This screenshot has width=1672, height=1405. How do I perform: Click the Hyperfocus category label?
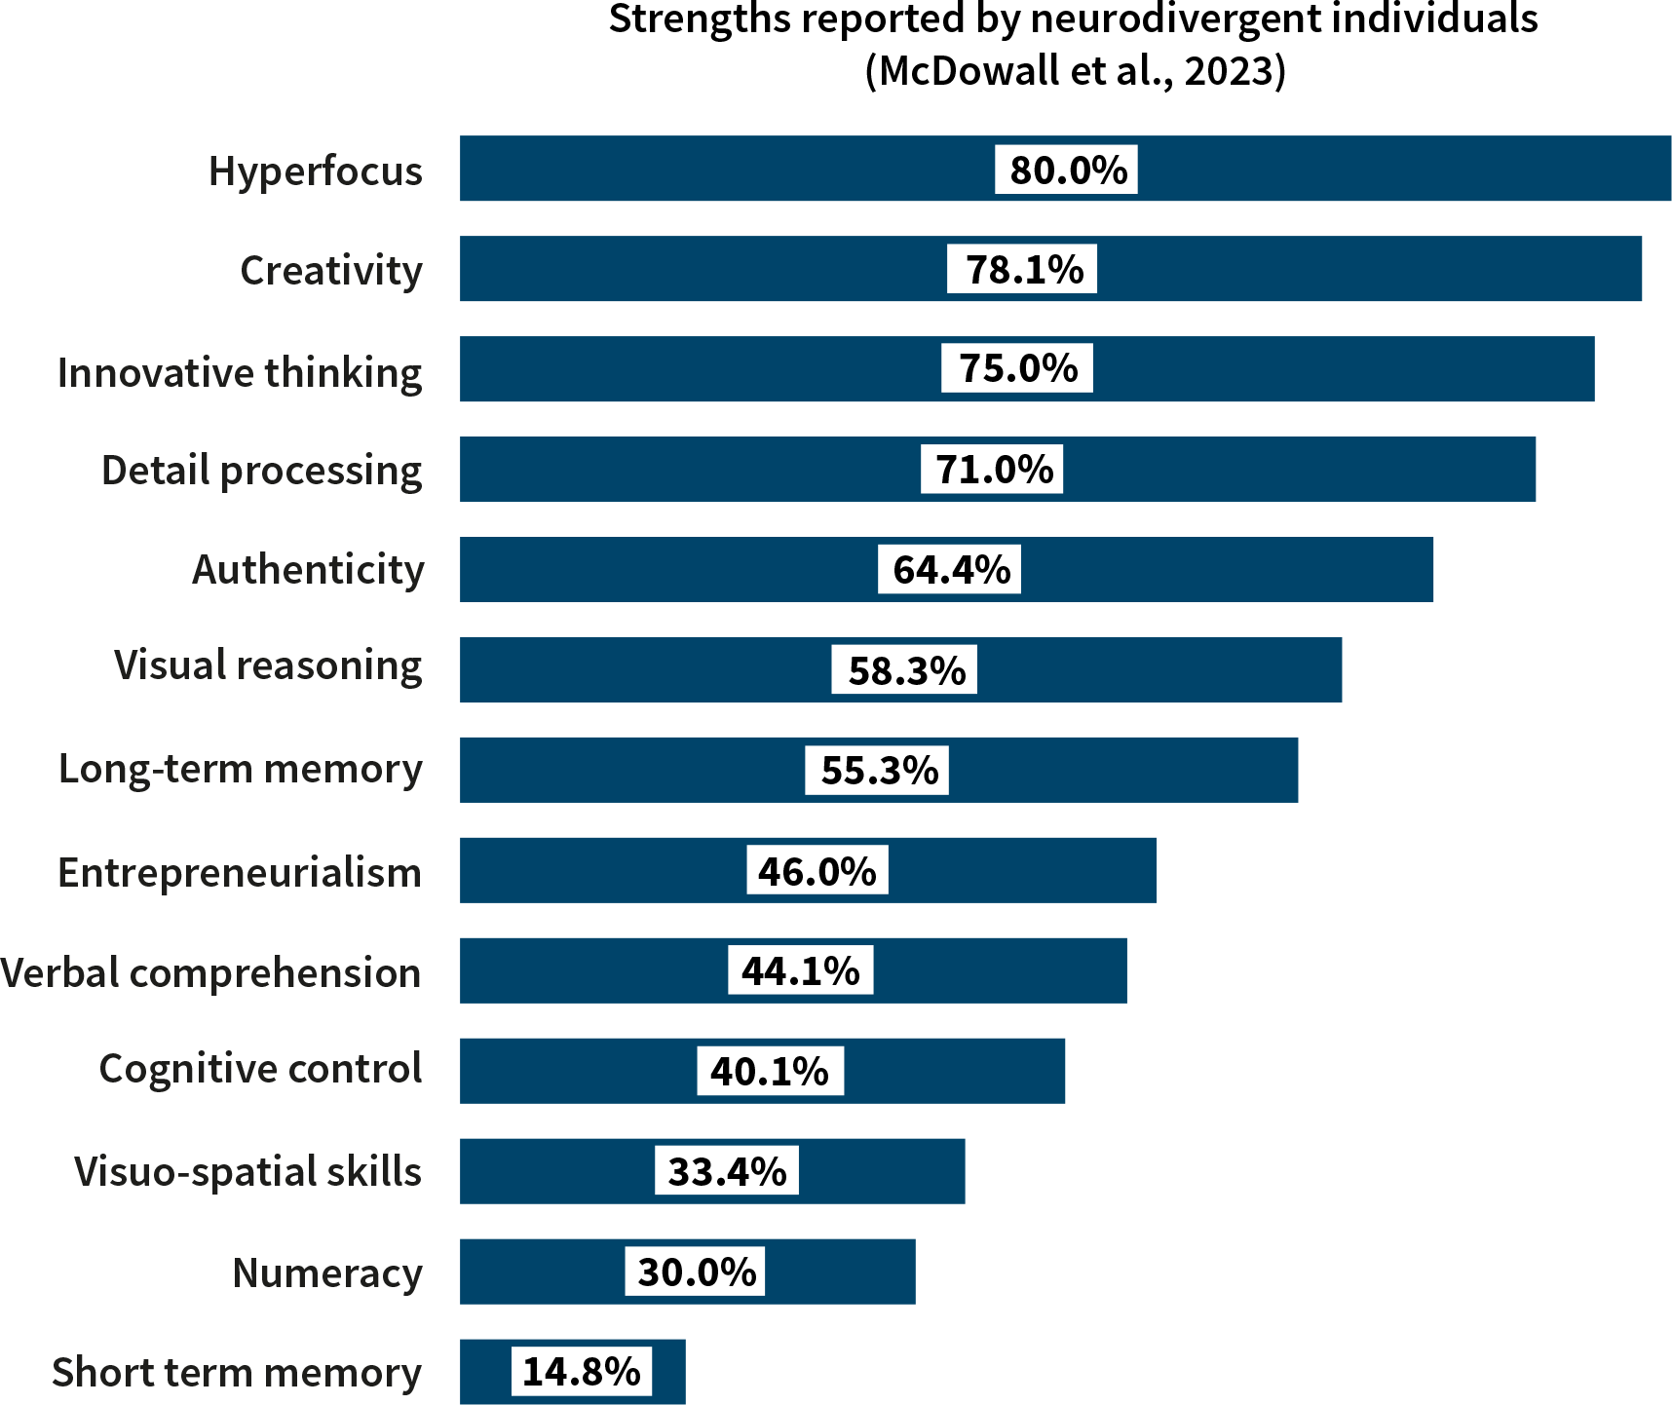coord(315,171)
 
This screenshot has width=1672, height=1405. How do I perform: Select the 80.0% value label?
coord(1066,170)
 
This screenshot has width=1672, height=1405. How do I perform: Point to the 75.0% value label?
coord(1017,368)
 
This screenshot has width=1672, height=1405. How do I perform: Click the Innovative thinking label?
coord(240,373)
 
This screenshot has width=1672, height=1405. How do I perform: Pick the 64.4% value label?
coord(950,570)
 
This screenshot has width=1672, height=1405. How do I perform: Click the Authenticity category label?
coord(308,570)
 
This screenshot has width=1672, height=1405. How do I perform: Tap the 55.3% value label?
coord(877,771)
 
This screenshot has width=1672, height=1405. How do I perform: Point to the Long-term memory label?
coord(241,769)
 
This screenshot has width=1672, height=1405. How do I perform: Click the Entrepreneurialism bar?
coord(1023,870)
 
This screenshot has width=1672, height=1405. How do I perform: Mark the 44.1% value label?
coord(801,970)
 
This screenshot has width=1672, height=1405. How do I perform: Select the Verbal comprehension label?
coord(211,973)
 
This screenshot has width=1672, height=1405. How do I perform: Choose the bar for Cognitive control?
coord(955,1071)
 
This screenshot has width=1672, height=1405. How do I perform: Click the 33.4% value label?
coord(727,1171)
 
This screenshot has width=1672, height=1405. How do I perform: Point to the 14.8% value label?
coord(582,1372)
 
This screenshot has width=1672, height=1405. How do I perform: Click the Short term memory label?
coord(237,1373)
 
